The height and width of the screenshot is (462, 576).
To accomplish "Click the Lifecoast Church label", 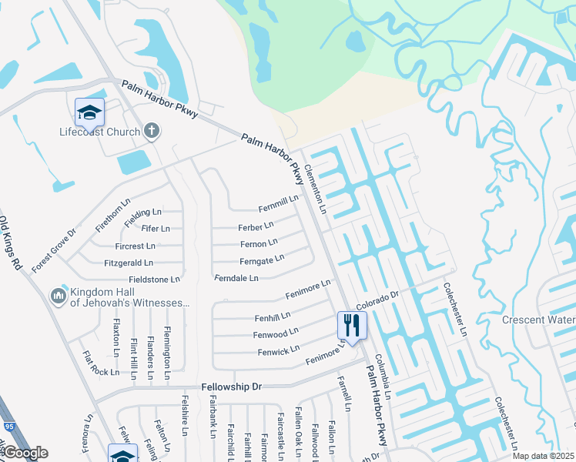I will tap(100, 132).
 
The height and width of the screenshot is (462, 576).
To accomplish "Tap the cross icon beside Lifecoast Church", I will tap(152, 130).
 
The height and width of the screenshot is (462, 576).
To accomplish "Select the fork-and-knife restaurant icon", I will tap(352, 325).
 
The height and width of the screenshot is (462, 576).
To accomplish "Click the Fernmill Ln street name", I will tap(278, 204).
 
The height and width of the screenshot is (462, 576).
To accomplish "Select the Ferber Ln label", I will tap(256, 227).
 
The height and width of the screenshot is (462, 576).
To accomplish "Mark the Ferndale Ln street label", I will tap(236, 278).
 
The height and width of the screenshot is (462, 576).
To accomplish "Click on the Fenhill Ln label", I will tap(272, 316).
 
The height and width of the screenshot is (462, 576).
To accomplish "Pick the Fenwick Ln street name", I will tap(278, 351).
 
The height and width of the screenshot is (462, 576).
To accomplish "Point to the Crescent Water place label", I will tap(539, 320).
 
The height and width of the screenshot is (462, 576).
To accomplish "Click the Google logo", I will tap(25, 453).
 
